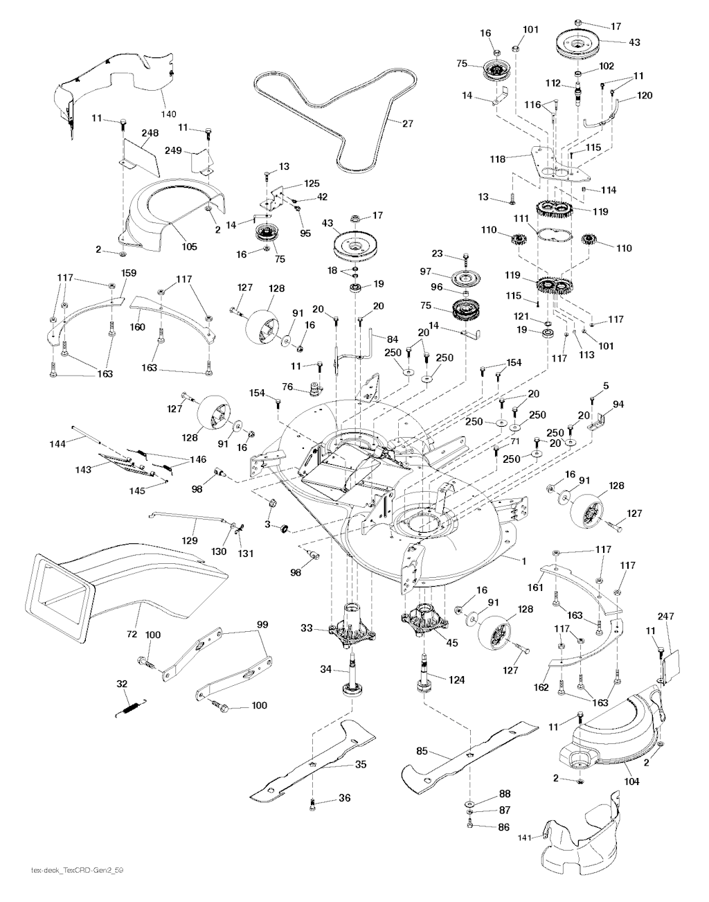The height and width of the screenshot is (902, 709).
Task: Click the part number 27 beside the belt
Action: (407, 124)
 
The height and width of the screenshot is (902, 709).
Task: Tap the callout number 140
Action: (168, 113)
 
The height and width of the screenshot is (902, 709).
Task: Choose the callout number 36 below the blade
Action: (344, 798)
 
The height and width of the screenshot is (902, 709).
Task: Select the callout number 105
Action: (188, 246)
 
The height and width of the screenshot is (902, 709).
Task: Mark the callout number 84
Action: (392, 339)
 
